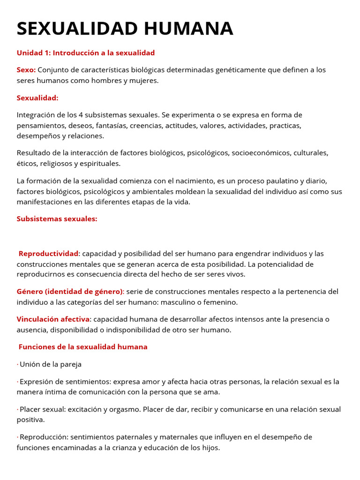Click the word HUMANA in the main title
pos(188,29)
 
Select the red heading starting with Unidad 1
pos(86,52)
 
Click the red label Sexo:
pos(26,70)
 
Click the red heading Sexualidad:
pos(37,97)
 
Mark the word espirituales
pos(100,164)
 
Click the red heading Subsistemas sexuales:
pos(57,219)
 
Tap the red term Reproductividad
pos(48,254)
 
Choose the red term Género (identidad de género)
pos(70,292)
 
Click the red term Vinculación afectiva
pos(53,319)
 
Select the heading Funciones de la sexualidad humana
pos(83,347)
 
